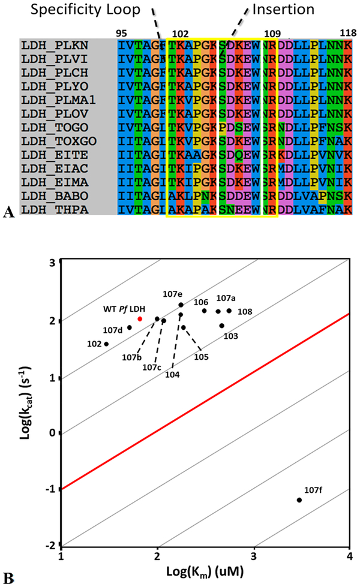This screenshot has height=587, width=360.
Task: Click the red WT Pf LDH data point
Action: [x=140, y=319]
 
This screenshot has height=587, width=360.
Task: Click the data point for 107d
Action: [x=129, y=327]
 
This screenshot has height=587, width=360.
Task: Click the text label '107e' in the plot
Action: [x=174, y=294]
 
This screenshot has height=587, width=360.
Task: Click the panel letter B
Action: [x=8, y=578]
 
